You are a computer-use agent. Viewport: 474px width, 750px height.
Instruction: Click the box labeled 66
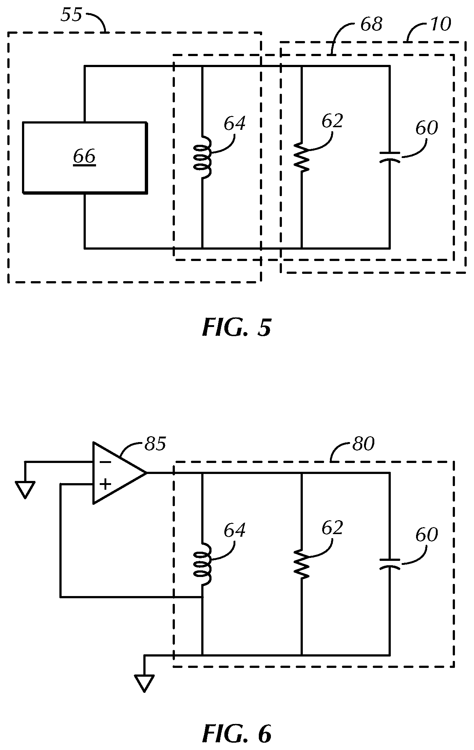point(85,157)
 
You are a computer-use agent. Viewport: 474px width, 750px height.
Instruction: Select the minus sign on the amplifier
point(105,462)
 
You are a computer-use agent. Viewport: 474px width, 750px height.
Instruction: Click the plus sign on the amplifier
point(105,485)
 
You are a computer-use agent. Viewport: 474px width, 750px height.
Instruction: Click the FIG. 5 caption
point(236,327)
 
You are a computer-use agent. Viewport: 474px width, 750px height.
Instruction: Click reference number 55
point(71,15)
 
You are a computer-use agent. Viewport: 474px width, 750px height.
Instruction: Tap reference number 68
point(371,25)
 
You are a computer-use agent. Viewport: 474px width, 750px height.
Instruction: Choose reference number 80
point(363,444)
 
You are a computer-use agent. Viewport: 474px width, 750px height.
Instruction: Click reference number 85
point(155,444)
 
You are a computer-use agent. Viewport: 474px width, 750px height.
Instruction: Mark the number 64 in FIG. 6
point(235,531)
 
